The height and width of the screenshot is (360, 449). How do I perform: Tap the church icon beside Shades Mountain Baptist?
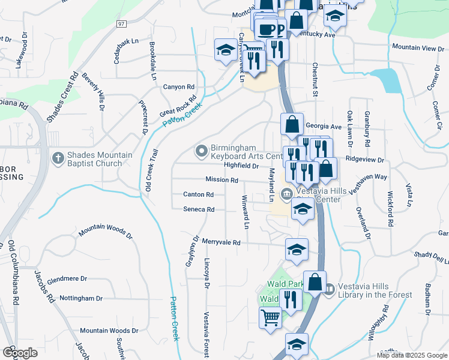click(58, 158)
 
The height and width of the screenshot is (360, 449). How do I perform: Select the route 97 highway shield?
click(122, 23)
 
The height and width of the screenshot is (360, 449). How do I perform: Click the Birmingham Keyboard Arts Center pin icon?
click(201, 149)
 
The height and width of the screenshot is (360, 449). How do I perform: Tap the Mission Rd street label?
click(221, 179)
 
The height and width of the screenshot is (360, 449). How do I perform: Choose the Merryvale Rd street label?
click(221, 243)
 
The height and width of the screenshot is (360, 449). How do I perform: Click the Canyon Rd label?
click(179, 87)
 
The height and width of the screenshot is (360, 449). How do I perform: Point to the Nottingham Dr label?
click(81, 298)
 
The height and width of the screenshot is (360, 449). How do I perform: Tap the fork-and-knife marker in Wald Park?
click(291, 299)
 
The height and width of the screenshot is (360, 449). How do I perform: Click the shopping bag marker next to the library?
click(315, 282)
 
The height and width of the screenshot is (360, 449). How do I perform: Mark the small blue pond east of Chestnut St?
click(386, 80)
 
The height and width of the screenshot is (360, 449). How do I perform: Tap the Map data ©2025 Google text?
click(411, 355)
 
